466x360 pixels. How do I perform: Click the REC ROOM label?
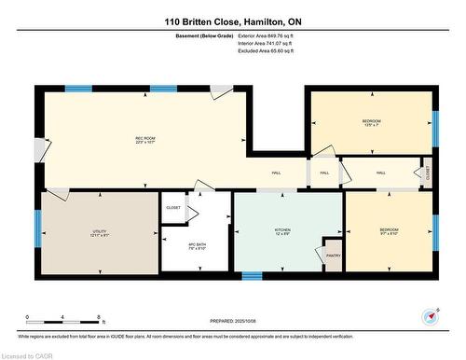click(144, 140)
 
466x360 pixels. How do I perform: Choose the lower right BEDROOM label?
click(389, 230)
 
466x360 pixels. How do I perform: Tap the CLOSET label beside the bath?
click(173, 207)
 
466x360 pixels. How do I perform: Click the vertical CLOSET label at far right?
click(428, 173)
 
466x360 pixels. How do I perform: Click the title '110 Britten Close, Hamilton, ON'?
click(232, 21)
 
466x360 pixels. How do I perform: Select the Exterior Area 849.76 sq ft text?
click(266, 35)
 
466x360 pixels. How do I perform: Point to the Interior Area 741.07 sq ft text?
click(266, 44)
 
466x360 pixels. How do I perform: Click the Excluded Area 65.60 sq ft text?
click(266, 52)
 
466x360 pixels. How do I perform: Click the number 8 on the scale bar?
click(100, 318)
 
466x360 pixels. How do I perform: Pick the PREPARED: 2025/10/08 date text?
click(232, 320)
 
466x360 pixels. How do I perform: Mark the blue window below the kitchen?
click(252, 276)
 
